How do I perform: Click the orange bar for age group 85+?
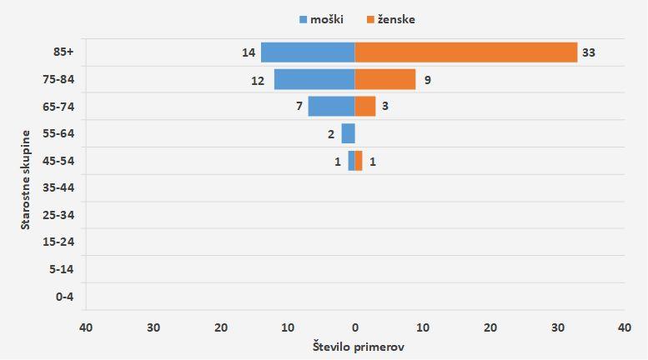(x=465, y=52)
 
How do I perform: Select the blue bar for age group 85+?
(x=308, y=52)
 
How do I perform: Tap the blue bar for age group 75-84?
(x=314, y=79)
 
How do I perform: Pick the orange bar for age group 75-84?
(x=385, y=79)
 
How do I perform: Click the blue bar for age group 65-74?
(x=331, y=107)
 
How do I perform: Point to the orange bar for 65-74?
(x=365, y=107)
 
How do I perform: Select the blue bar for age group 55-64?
(x=348, y=133)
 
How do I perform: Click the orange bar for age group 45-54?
(x=359, y=161)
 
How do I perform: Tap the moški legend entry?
(x=320, y=19)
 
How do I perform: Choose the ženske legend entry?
(x=390, y=19)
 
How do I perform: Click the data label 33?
(x=589, y=52)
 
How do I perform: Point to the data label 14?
(x=249, y=52)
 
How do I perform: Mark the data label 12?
(x=257, y=81)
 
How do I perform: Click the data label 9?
(x=427, y=81)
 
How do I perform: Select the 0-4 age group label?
(x=63, y=296)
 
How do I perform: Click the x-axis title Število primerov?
(x=358, y=346)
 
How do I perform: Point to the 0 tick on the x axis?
(x=355, y=327)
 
